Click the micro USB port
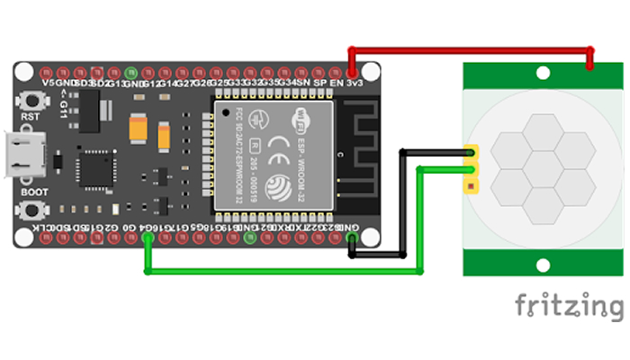pyautogui.click(x=24, y=152)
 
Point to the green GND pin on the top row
pyautogui.click(x=131, y=72)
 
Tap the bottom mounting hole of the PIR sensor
pyautogui.click(x=543, y=264)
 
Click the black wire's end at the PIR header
pyautogui.click(x=472, y=154)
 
